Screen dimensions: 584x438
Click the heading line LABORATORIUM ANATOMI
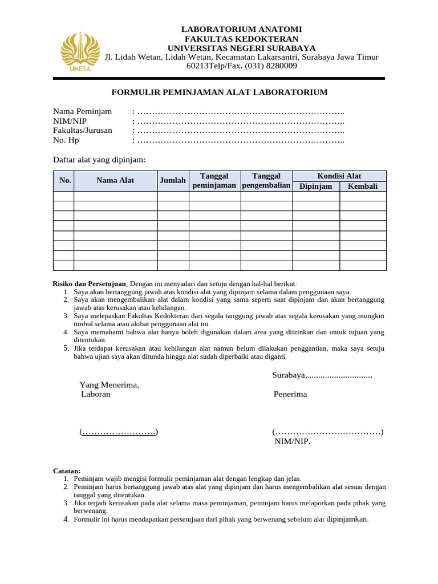241,29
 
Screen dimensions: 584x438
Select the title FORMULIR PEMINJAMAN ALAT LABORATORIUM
219,92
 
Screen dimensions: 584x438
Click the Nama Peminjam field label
83,111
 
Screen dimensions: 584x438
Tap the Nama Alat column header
115,180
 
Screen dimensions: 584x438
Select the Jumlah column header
173,180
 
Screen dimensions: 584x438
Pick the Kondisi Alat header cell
339,176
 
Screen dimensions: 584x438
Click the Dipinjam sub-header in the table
316,186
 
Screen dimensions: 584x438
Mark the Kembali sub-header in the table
363,186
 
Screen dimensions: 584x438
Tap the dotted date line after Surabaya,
340,375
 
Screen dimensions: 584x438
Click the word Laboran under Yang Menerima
96,394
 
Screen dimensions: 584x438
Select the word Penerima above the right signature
290,394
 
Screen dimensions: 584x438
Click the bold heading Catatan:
67,471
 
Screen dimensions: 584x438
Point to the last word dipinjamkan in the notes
347,519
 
